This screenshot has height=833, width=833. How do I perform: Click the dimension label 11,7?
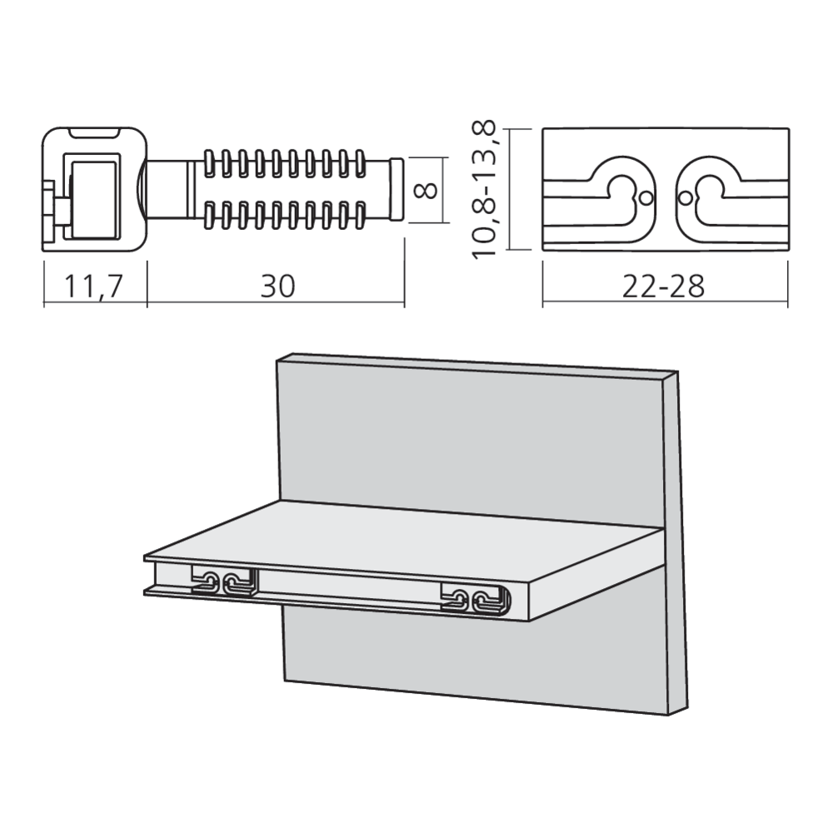pos(94,287)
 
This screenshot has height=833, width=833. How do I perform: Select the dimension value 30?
pos(277,287)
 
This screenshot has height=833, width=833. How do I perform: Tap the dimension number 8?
pos(426,190)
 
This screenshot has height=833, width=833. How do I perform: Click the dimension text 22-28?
pos(663,287)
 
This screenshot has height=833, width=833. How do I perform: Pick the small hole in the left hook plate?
pos(645,198)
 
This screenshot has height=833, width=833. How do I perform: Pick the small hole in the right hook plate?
pos(684,198)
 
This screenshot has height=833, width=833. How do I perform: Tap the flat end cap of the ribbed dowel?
pos(397,190)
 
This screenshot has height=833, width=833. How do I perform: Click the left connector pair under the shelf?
pos(223,582)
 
